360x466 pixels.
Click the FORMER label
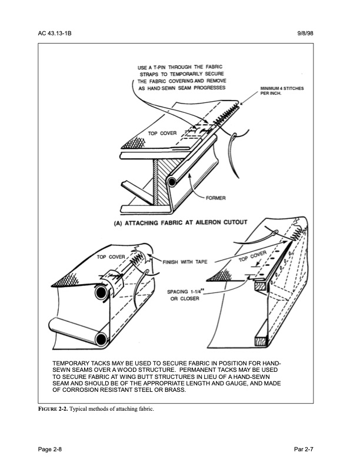[x=216, y=198]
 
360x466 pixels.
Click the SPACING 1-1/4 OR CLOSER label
[x=186, y=295]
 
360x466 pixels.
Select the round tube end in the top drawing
[x=171, y=182]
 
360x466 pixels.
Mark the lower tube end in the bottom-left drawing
[x=101, y=338]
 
